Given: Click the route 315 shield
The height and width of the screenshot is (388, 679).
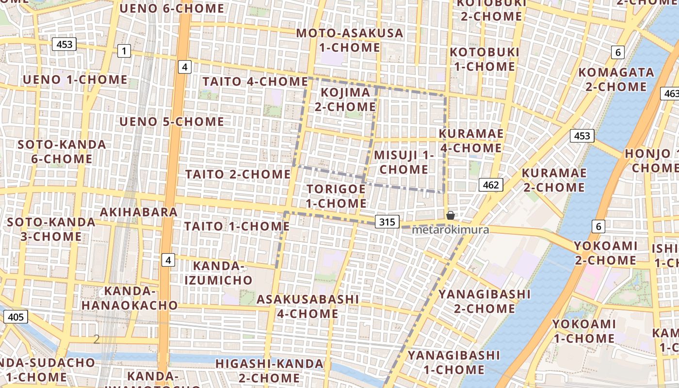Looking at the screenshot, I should (387, 222).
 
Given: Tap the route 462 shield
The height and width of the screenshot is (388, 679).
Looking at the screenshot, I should (491, 185).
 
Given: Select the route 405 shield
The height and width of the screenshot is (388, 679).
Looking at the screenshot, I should (16, 317).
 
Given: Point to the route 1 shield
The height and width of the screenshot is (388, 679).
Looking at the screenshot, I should (124, 50).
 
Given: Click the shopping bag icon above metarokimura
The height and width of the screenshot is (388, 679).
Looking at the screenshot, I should (451, 215).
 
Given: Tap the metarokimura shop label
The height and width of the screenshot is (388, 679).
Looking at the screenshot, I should (450, 230).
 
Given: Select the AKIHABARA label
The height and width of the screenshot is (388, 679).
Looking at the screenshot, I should (139, 212).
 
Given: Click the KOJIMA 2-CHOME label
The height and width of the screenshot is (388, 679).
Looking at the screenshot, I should (345, 99).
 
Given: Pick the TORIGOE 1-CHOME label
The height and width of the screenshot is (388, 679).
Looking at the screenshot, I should (336, 196).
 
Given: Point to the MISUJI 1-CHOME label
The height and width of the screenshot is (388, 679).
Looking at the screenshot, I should (404, 162).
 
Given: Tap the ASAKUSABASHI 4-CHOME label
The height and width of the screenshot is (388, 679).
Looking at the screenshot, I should (308, 306).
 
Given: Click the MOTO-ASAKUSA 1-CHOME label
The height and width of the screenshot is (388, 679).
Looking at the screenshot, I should (350, 40).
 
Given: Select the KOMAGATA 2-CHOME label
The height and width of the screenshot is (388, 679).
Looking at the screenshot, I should (616, 80).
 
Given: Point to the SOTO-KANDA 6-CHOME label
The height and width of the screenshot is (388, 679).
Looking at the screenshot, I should (62, 151).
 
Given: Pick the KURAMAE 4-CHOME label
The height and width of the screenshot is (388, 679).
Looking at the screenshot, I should (471, 141).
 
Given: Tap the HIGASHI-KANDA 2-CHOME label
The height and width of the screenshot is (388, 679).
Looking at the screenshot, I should (269, 371).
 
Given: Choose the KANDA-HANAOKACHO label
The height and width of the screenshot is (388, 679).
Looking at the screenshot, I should (129, 298).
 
